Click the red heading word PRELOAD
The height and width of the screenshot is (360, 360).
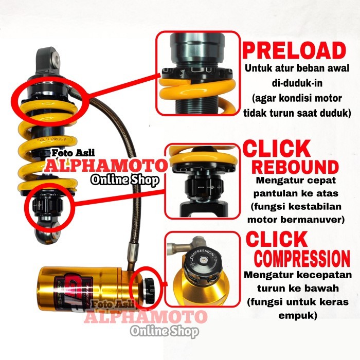294,51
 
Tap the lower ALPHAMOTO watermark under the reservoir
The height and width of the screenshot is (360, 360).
149,317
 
